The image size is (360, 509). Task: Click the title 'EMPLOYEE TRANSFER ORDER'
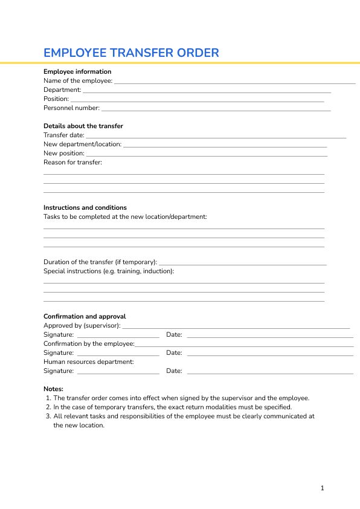point(131,53)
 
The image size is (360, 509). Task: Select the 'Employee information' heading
point(77,71)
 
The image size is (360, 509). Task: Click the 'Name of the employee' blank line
point(234,82)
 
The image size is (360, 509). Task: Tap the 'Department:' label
point(62,89)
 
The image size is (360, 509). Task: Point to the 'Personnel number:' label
point(71,108)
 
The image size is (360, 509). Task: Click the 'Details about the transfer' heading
point(83,126)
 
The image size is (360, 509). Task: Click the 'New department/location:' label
point(82,144)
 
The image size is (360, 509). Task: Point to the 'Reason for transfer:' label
point(72,162)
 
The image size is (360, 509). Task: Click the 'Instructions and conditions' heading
point(85,207)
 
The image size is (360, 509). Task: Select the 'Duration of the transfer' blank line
point(242,264)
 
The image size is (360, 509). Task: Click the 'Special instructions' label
point(109,271)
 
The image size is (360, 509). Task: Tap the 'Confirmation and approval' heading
point(85,316)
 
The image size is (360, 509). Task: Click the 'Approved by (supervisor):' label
point(82,325)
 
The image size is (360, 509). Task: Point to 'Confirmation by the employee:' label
point(89,343)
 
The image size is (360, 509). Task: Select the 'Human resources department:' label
point(89,361)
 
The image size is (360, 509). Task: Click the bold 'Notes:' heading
point(53,389)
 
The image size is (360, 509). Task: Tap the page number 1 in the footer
point(323,488)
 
